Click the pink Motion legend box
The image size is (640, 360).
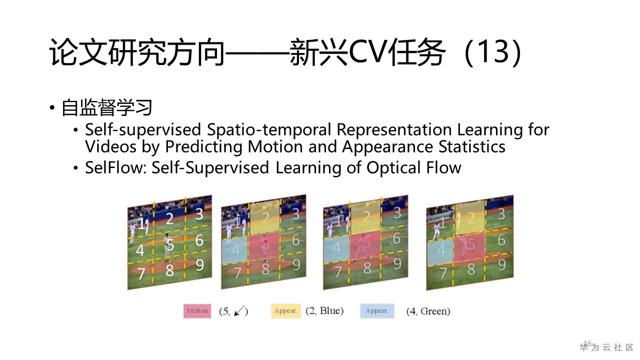coord(197,310)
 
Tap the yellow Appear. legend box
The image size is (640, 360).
coord(285,310)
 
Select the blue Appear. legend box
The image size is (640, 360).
coord(376,310)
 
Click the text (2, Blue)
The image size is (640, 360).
coord(324,310)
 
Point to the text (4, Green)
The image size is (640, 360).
coord(428,311)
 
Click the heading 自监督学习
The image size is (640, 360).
coord(106,107)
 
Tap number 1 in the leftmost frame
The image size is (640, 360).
coord(142,223)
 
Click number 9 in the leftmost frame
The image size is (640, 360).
coord(199,264)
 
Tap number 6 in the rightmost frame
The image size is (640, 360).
coord(501,240)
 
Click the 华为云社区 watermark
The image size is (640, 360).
coord(607,347)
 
